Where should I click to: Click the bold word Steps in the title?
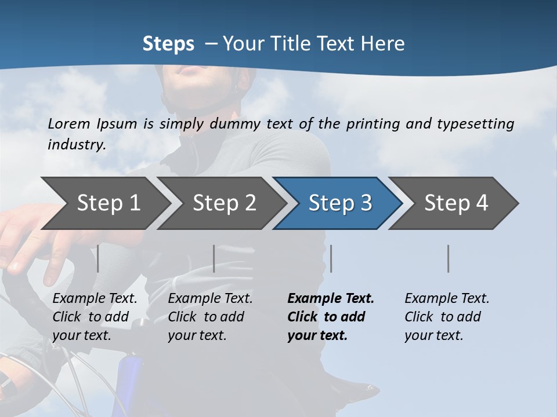[168, 44]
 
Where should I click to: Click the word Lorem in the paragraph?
[69, 123]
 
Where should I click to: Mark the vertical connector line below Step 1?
[98, 258]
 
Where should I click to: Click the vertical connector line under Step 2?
[214, 258]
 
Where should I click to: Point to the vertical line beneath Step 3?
[331, 258]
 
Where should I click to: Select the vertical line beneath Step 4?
[449, 258]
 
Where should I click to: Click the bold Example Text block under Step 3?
[330, 317]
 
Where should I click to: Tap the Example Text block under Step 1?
[95, 317]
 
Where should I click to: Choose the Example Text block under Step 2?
[210, 317]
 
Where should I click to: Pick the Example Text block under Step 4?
[446, 317]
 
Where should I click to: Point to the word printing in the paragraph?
[371, 123]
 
